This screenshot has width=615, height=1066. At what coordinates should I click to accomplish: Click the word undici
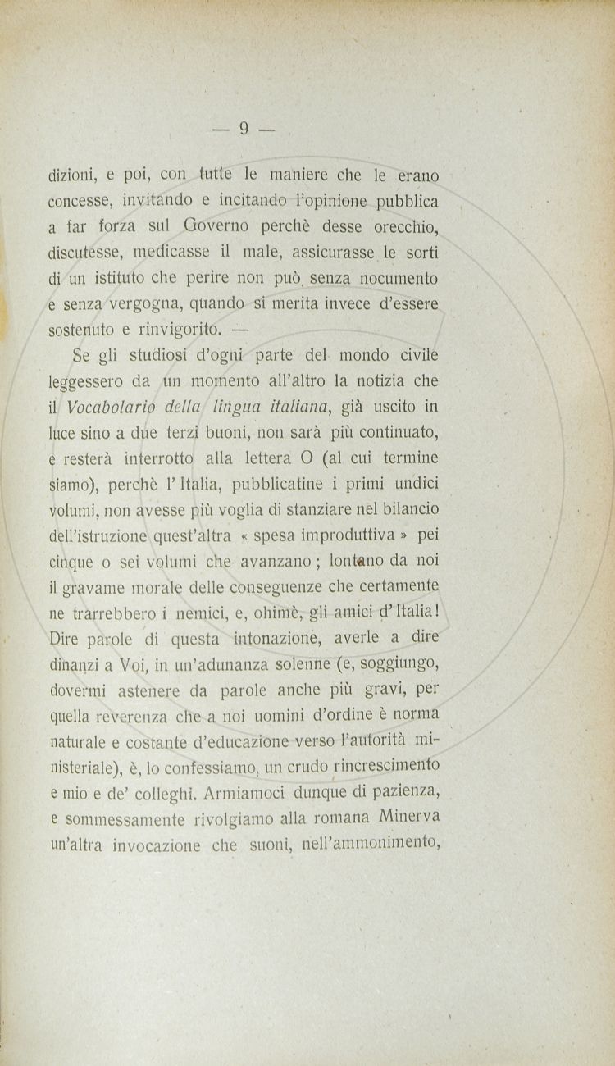pyautogui.click(x=412, y=486)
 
